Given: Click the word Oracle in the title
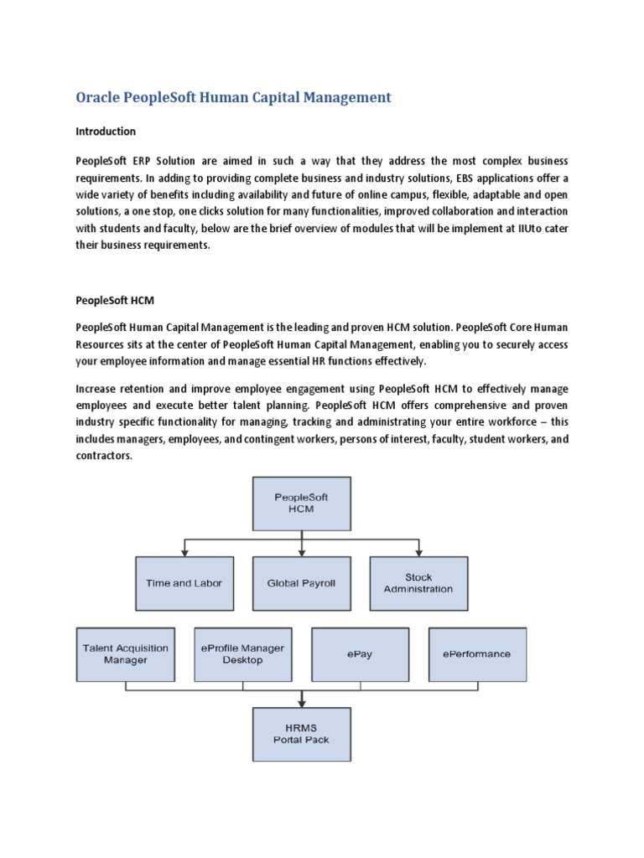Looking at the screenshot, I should (x=97, y=97).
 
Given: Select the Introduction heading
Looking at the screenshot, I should (x=106, y=132).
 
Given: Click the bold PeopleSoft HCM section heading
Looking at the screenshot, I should (x=116, y=299).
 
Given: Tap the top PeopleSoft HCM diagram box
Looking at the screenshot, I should (x=301, y=503).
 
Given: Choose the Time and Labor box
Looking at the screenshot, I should (x=184, y=583).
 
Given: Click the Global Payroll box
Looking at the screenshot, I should (x=300, y=583).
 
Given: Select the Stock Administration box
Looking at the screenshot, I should (x=418, y=583).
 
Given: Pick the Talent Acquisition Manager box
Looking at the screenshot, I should (x=125, y=654).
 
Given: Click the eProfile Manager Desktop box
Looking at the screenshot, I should (x=242, y=654).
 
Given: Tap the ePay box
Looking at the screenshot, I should (x=360, y=654).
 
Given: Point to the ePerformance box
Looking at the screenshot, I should (x=477, y=654).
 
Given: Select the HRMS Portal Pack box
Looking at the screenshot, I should (x=301, y=734).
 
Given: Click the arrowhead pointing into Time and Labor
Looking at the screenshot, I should (x=184, y=552).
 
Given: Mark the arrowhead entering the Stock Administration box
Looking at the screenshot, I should (x=418, y=552).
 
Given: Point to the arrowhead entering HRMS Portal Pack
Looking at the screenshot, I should (x=301, y=703).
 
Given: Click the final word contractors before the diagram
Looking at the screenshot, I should (x=104, y=457).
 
